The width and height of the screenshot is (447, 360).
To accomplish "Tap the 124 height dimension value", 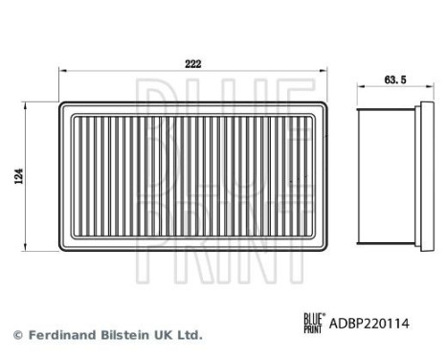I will click(x=20, y=176).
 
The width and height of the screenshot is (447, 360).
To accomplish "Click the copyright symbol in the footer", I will click(x=16, y=336).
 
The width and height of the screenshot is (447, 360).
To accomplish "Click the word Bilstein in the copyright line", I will click(x=120, y=336).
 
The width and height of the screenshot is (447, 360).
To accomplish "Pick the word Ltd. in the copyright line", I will click(x=190, y=336).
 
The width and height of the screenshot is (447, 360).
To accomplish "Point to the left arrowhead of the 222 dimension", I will click(x=64, y=70).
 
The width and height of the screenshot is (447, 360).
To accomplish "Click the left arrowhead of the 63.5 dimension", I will click(x=360, y=88).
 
